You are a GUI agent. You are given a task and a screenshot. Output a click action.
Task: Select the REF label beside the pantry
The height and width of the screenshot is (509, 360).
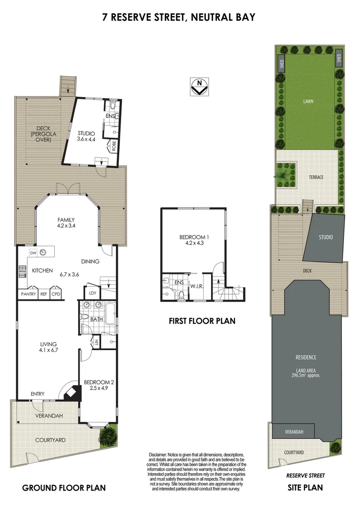point(43,294)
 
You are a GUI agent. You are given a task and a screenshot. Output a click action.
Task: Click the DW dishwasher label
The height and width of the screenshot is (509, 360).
point(33,253)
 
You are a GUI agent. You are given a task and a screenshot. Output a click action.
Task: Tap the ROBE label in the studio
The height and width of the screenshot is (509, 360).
point(114,145)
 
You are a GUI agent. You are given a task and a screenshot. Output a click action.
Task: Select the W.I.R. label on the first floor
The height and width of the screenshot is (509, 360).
point(196,286)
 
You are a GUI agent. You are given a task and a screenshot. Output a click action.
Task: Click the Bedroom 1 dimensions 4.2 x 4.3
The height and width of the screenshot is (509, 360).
point(194,243)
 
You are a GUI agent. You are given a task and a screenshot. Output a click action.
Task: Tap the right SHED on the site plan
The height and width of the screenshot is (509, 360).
point(338,60)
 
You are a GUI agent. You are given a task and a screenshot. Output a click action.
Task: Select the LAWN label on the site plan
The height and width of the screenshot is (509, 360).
point(309,101)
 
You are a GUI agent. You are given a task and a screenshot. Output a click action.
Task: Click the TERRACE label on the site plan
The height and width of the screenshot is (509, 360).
point(316,177)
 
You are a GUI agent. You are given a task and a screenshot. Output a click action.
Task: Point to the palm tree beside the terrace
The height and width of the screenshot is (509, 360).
point(284,172)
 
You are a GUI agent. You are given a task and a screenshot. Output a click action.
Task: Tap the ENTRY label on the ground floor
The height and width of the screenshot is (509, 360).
point(38,394)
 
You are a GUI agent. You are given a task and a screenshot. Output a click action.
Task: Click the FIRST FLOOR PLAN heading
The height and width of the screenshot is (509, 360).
point(202,321)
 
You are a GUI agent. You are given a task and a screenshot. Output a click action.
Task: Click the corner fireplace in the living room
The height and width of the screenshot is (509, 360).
point(71,392)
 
